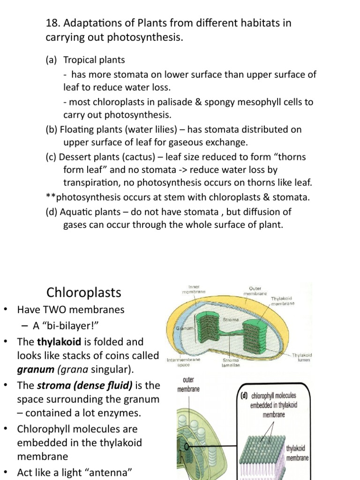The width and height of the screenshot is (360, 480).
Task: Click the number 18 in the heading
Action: coord(51,23)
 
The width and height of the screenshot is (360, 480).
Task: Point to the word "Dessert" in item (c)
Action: coord(76,157)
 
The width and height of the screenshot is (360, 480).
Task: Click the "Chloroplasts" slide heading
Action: coord(84,293)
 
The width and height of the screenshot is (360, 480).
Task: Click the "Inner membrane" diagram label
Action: coord(194,289)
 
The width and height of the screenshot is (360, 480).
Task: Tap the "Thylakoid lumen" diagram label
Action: coord(302,358)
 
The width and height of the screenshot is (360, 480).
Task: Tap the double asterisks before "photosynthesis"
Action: coord(49,198)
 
